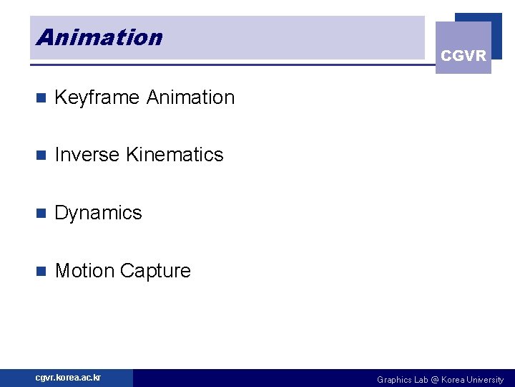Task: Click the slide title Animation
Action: tap(99, 37)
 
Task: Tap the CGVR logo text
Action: tap(463, 56)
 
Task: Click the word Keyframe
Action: tap(97, 97)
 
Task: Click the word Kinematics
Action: tap(175, 155)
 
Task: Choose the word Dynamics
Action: tap(98, 213)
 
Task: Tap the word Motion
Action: tap(84, 271)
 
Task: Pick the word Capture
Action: tap(155, 271)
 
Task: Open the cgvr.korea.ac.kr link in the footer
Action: tap(69, 378)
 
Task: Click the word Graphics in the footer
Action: tap(394, 380)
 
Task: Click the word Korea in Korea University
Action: tap(453, 380)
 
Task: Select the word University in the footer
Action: tap(486, 380)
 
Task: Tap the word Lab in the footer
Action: tap(421, 380)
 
